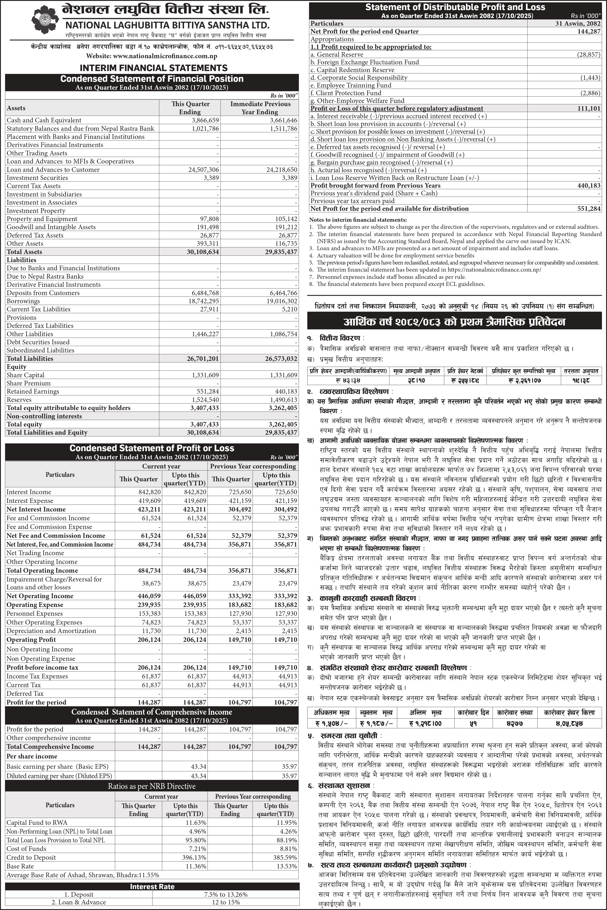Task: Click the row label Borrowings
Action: pos(23,301)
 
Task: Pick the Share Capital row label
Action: pos(25,375)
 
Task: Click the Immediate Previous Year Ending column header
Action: pos(260,108)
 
